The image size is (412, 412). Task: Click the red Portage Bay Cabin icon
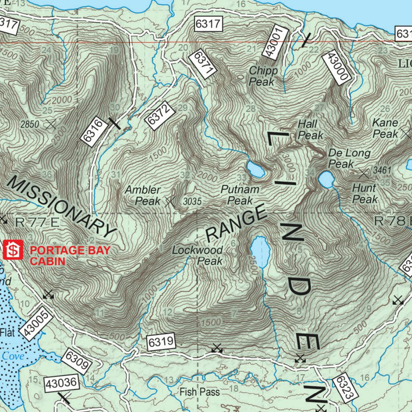pos(13,250)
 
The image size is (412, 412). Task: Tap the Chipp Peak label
pos(263,76)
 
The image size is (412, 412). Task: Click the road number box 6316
pos(94,131)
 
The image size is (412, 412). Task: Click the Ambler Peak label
pos(143,195)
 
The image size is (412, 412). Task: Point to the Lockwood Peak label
pos(198,255)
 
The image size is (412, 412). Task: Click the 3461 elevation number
pos(382,171)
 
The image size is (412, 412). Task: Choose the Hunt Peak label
pos(365,193)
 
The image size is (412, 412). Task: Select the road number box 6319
pos(161,342)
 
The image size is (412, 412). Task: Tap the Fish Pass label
pos(200,391)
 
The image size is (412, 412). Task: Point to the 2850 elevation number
pos(30,124)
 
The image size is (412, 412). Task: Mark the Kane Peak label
pos(385,128)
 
